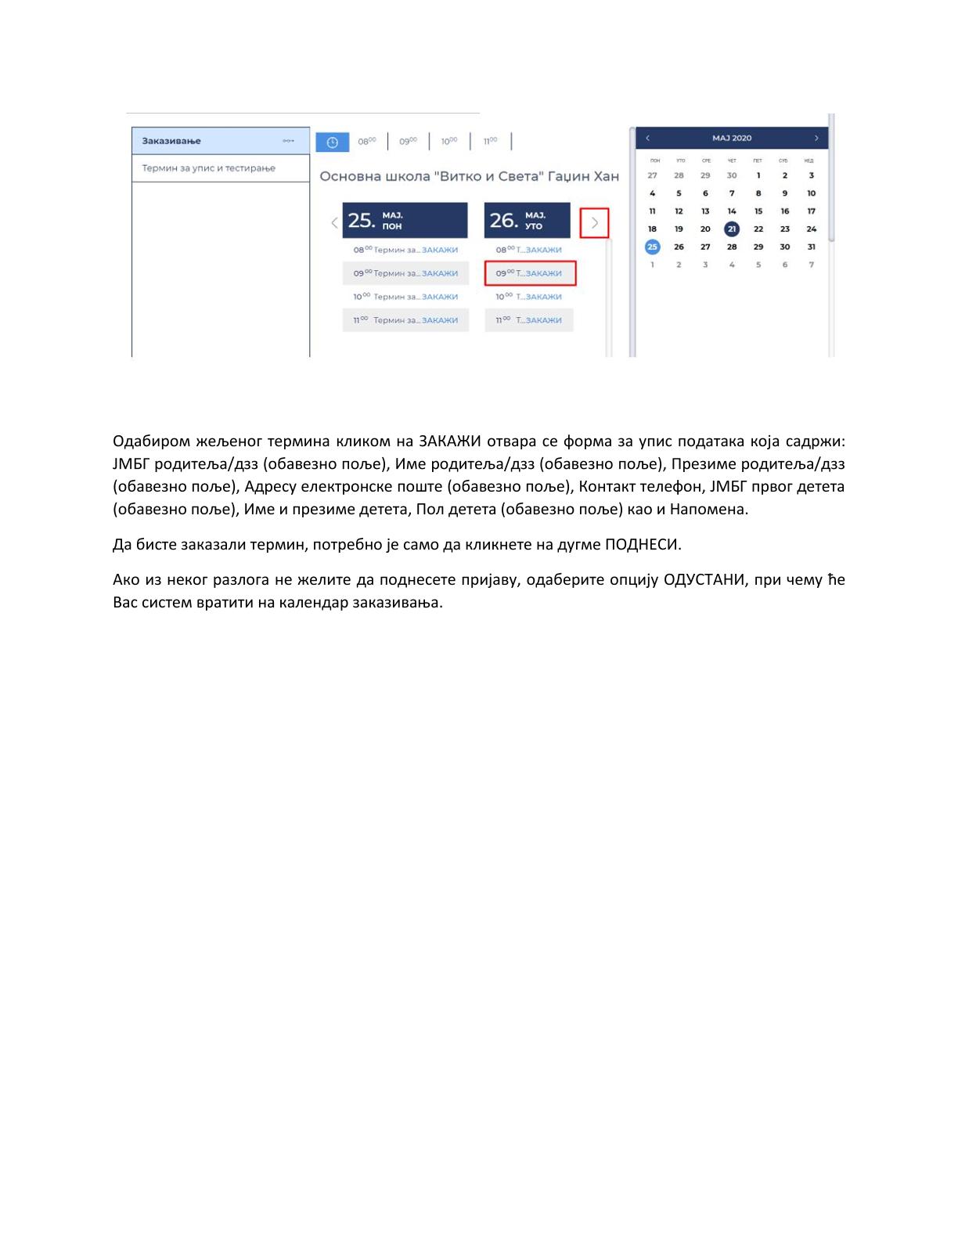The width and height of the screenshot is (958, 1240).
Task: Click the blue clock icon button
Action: (332, 142)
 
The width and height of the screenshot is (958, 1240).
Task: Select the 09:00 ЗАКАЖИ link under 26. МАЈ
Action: (543, 273)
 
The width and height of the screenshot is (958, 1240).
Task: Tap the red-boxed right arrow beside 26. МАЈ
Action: (595, 223)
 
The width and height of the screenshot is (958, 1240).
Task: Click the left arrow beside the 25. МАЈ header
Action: (334, 222)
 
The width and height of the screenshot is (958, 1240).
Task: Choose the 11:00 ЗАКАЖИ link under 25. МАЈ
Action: (439, 320)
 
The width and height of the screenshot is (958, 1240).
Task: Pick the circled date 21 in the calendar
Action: (732, 229)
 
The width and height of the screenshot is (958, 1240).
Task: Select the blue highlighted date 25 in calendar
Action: (652, 247)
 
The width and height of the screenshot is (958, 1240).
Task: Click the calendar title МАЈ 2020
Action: (732, 138)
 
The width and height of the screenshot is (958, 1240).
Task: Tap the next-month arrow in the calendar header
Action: (816, 138)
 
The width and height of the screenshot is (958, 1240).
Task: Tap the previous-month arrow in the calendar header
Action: (647, 138)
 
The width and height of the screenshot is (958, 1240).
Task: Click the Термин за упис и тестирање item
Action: (209, 168)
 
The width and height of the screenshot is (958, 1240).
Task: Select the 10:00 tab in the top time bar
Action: (448, 142)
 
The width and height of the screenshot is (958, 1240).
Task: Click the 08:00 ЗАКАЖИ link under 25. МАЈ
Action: (439, 250)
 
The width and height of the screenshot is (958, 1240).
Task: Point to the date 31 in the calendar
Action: (812, 247)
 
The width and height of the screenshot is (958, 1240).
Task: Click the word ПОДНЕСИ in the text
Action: (643, 545)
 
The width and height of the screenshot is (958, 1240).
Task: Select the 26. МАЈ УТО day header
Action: (527, 221)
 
